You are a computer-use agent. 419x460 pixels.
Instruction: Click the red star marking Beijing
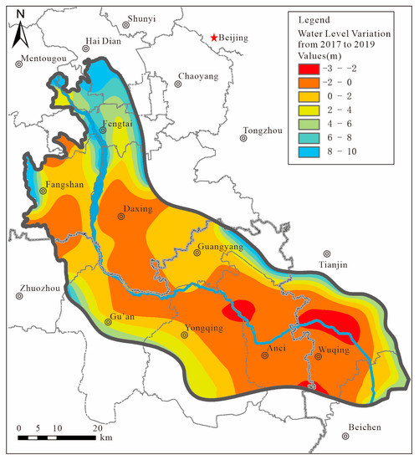tap(214, 38)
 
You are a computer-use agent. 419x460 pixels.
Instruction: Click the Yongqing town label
tap(203, 329)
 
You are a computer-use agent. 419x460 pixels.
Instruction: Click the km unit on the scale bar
tap(105, 437)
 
